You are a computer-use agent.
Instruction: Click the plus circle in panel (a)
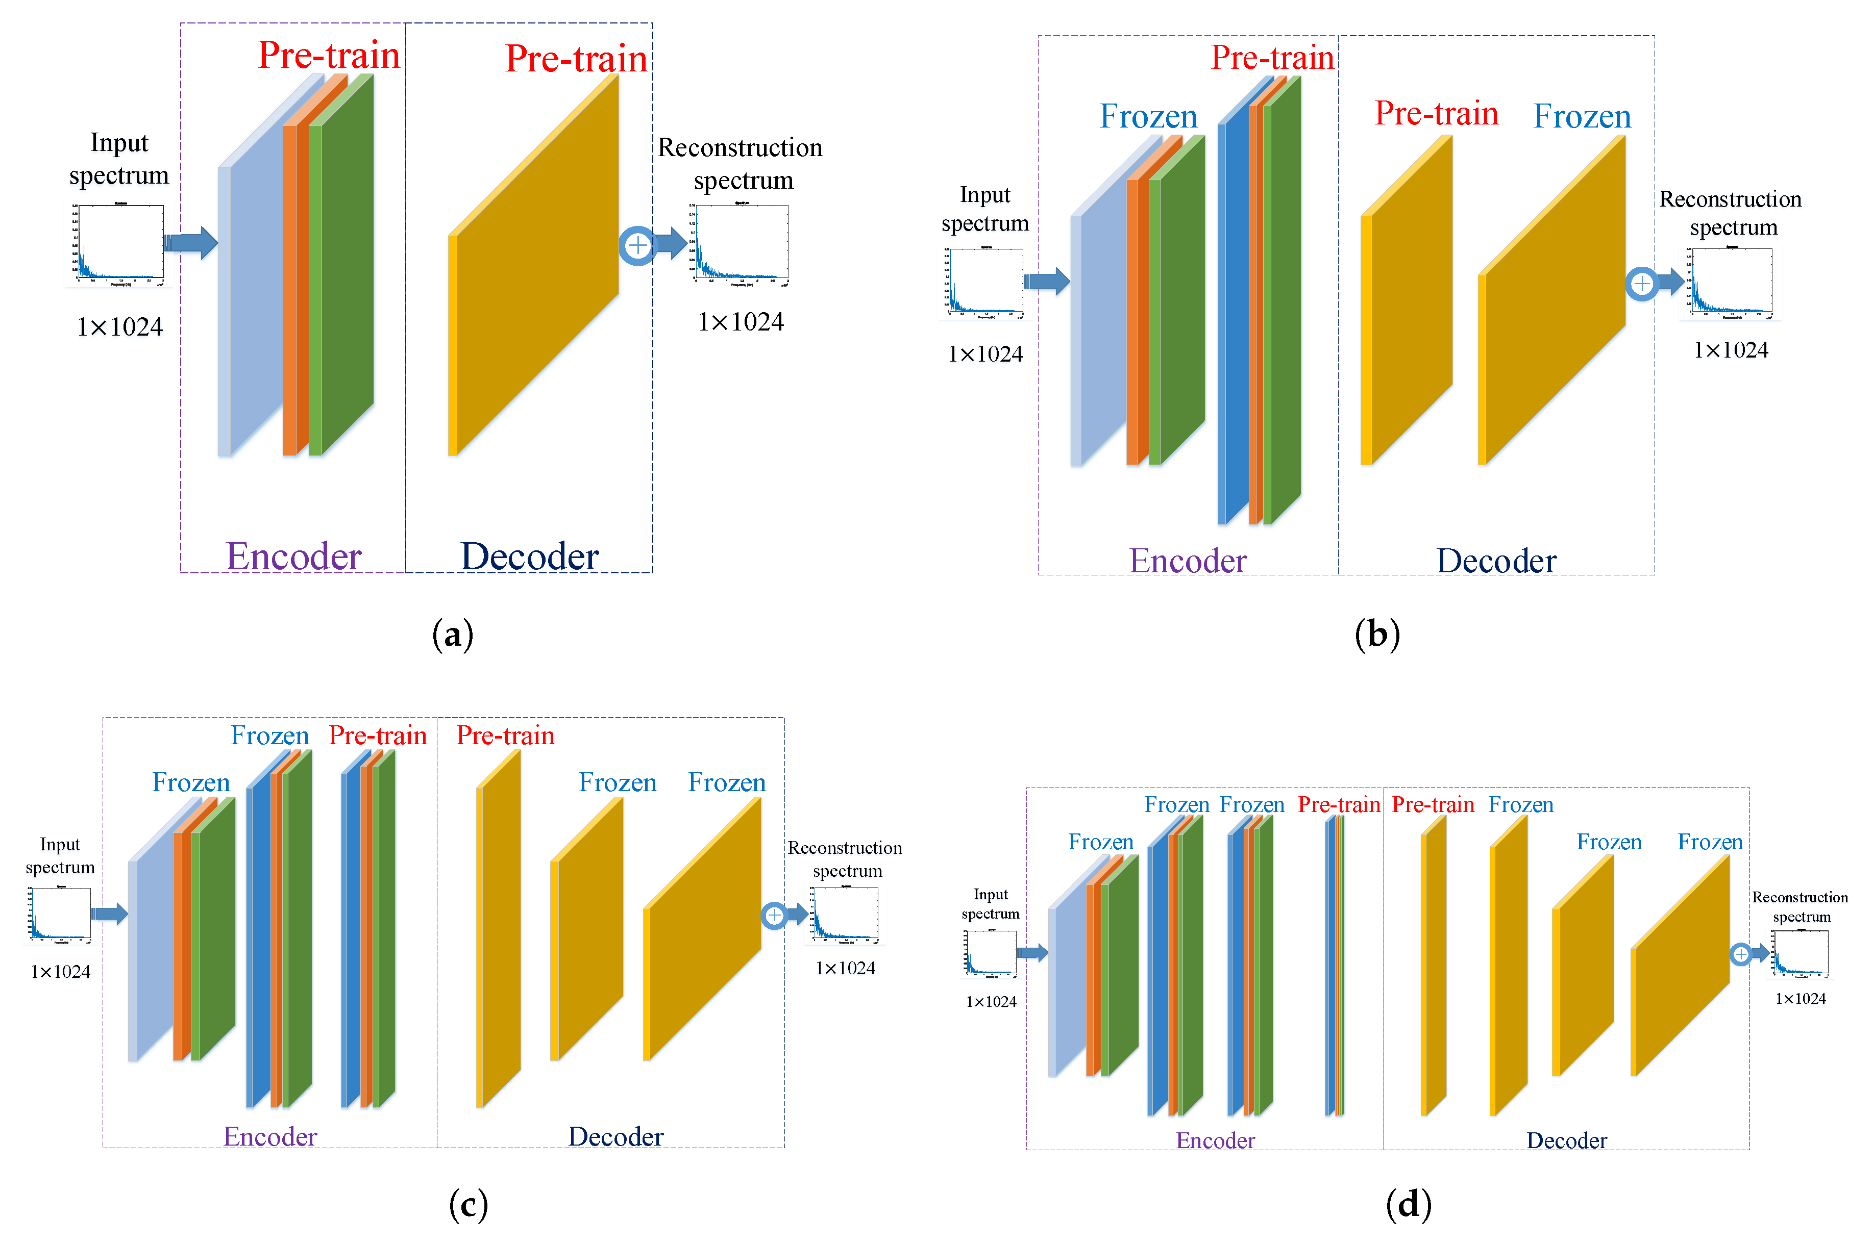click(637, 245)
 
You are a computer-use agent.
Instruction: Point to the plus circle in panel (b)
click(1641, 283)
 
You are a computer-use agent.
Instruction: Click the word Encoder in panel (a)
click(293, 556)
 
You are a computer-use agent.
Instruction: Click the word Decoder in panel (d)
click(1566, 1140)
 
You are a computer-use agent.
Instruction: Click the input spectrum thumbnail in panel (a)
click(119, 243)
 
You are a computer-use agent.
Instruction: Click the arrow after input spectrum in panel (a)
click(190, 243)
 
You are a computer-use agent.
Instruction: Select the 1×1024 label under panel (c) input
click(60, 971)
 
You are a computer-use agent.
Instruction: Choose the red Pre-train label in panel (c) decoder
click(505, 735)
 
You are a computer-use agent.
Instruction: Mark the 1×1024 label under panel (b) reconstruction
click(1730, 349)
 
